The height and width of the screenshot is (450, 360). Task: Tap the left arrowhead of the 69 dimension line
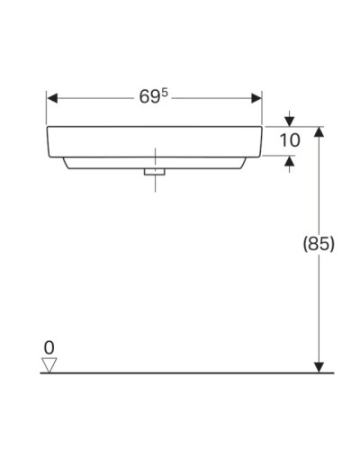coord(52,97)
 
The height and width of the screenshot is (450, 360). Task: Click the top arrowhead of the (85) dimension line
coord(318,132)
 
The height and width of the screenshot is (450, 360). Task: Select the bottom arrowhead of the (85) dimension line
coord(318,365)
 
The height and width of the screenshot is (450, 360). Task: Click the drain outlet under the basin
coord(156,170)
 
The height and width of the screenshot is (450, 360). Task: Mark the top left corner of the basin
coord(48,128)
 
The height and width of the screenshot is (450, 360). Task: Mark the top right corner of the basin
coord(262,128)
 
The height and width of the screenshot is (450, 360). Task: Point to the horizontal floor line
coord(180,372)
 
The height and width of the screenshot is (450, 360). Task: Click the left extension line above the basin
coord(47,108)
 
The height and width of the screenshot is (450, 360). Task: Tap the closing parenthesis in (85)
coord(332,243)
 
